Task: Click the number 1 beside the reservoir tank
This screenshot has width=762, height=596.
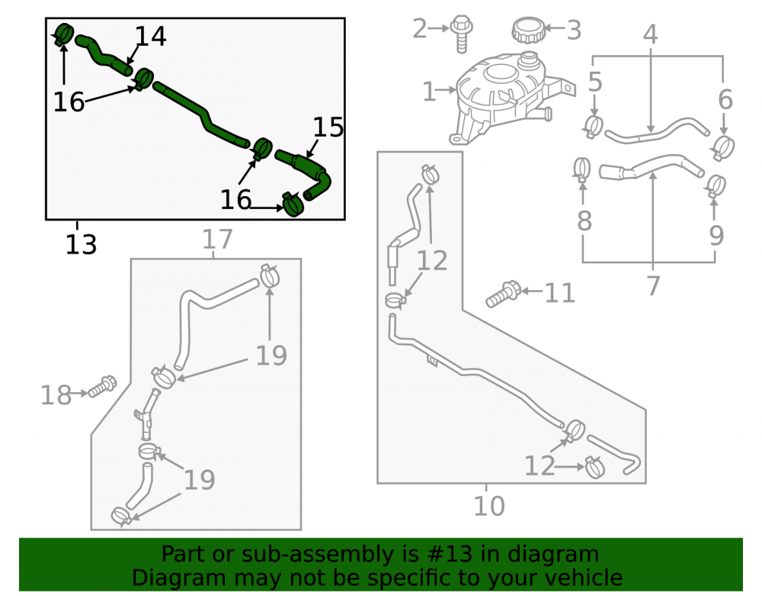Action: tap(429, 92)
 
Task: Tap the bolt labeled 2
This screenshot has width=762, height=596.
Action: tap(461, 33)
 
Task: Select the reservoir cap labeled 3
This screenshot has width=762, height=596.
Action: tap(528, 31)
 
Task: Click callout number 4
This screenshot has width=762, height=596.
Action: tap(650, 34)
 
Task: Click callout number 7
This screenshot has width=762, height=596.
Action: tap(654, 285)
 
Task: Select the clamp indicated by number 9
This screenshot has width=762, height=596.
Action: tap(716, 186)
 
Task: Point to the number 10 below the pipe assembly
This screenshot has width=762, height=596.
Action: tap(489, 506)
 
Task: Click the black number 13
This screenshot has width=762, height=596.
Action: tap(82, 244)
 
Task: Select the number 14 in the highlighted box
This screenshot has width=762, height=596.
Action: tap(151, 36)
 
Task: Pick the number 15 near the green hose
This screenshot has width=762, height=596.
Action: tap(328, 127)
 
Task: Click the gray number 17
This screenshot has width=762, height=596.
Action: tap(217, 239)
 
